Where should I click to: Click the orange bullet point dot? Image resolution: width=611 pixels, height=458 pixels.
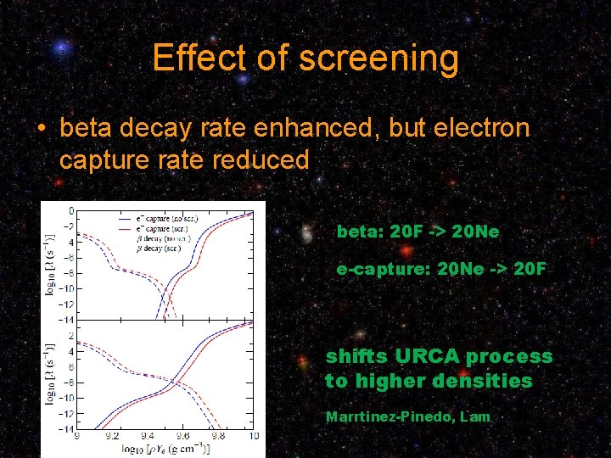(41, 129)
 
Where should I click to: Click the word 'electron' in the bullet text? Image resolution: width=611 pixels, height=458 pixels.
(480, 128)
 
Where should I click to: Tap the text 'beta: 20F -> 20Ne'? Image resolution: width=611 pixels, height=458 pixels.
(418, 232)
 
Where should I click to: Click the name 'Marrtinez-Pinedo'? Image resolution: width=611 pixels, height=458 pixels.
(390, 416)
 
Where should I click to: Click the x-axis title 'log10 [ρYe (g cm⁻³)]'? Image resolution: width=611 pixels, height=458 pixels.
(165, 448)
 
